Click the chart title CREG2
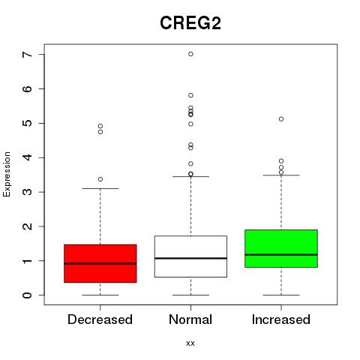point(190,22)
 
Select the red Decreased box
point(100,263)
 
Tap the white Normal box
point(190,256)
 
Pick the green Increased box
point(281,248)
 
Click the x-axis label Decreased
point(100,319)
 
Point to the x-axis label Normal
point(190,319)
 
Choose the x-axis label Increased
point(281,319)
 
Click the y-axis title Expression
point(7,174)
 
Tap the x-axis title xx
point(190,343)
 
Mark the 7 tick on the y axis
point(41,54)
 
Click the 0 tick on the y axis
point(41,295)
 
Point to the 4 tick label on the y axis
point(28,157)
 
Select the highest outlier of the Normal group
point(190,54)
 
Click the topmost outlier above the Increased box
point(281,119)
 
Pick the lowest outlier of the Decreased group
point(100,179)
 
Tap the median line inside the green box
point(281,255)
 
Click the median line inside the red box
point(100,263)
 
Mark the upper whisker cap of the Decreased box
point(100,188)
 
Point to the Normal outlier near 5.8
point(190,95)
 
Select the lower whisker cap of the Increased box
point(281,295)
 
